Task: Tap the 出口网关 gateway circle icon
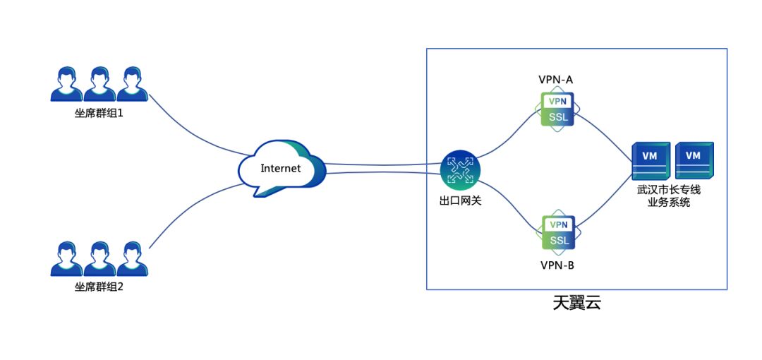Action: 460,170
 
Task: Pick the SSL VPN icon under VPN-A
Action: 558,109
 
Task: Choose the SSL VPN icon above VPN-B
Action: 558,232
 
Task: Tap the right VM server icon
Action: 694,162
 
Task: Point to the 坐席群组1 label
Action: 99,112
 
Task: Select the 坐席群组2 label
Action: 99,287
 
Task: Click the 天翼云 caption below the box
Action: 576,304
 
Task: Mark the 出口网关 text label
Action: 460,201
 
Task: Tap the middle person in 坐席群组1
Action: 99,84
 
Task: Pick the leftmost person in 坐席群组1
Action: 67,84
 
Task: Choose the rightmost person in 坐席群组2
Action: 132,259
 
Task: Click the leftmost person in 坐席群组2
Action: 67,259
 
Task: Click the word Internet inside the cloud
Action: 281,169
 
